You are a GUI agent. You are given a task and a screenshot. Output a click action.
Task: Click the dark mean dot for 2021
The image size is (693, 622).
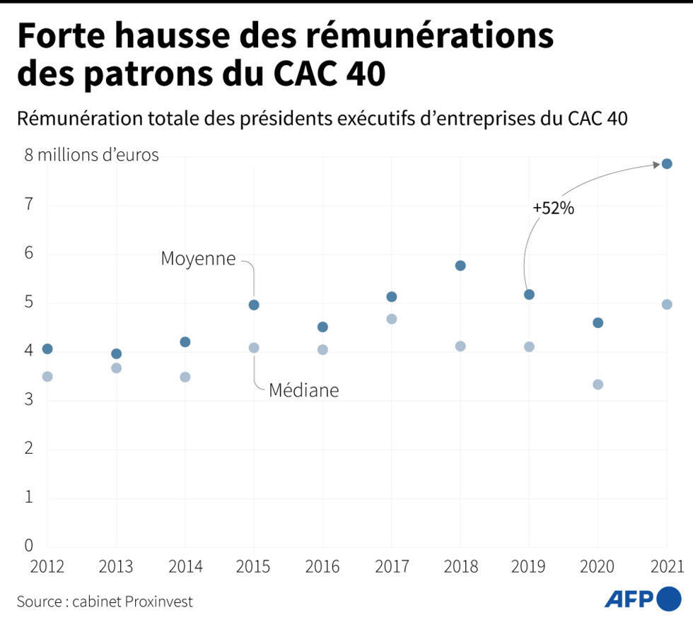[666, 164]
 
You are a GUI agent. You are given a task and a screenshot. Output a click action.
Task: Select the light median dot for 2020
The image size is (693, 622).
[598, 385]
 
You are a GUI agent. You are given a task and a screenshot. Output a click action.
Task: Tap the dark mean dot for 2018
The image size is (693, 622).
[460, 266]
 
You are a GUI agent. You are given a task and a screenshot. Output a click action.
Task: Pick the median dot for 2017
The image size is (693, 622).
[391, 319]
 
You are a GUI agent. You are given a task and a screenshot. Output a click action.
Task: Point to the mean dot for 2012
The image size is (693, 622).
[47, 348]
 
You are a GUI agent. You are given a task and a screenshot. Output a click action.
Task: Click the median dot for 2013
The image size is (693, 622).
[116, 368]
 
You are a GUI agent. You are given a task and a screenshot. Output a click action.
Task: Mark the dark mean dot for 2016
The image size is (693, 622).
[322, 327]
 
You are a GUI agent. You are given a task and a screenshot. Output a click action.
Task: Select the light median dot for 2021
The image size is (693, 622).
[666, 305]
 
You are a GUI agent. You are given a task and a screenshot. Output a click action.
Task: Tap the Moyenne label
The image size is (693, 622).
[198, 259]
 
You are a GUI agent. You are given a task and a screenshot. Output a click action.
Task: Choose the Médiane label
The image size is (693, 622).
[303, 389]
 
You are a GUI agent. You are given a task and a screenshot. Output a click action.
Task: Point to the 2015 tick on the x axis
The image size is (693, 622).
[253, 567]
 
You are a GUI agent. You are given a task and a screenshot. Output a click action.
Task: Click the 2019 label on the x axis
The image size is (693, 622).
[528, 567]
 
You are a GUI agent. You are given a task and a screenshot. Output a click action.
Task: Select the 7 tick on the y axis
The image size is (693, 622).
[29, 204]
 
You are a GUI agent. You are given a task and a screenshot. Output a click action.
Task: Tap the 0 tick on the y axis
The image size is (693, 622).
[29, 545]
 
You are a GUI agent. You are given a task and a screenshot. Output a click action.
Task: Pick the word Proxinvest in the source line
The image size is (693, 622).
[159, 602]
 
